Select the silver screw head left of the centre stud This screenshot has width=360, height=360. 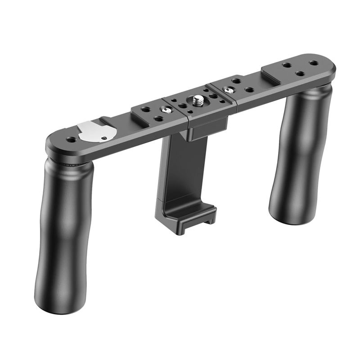point(167,109)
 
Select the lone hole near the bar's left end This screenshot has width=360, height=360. point(71,140)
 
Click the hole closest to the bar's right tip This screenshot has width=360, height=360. point(313,64)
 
